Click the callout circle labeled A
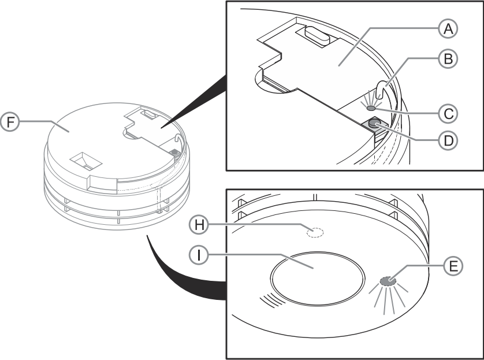pyautogui.click(x=448, y=29)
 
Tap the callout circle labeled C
pyautogui.click(x=448, y=114)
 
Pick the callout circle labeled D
pyautogui.click(x=448, y=140)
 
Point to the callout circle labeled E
pyautogui.click(x=453, y=266)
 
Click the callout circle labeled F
pyautogui.click(x=10, y=122)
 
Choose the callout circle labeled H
pyautogui.click(x=199, y=225)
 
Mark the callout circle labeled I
pyautogui.click(x=199, y=255)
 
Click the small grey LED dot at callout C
pyautogui.click(x=371, y=108)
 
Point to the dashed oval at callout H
pyautogui.click(x=315, y=232)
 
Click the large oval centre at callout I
pyautogui.click(x=317, y=279)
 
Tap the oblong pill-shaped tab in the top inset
pyautogui.click(x=317, y=35)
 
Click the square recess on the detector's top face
pyautogui.click(x=86, y=161)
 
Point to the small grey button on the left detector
pyautogui.click(x=174, y=151)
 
